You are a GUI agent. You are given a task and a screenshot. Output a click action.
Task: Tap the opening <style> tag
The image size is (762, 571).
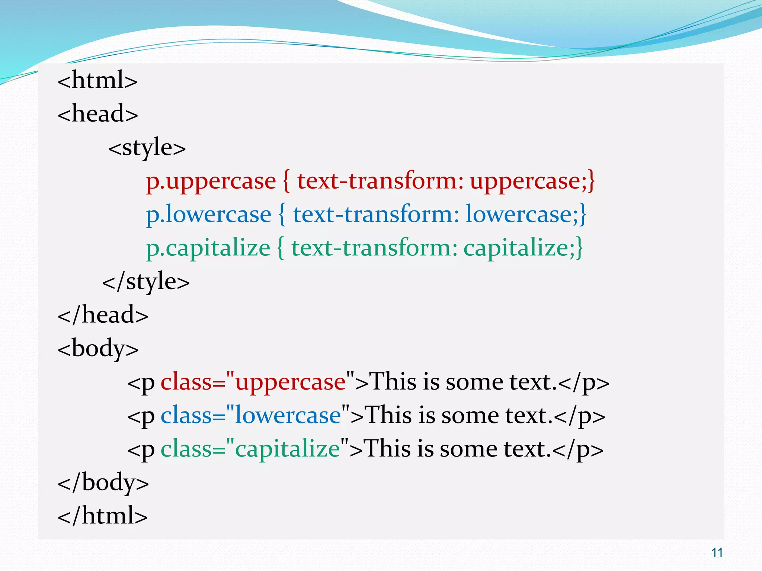147,147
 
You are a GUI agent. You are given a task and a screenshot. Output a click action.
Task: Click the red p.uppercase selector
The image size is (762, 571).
211,181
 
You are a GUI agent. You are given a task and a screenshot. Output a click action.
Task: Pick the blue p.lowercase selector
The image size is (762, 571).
208,214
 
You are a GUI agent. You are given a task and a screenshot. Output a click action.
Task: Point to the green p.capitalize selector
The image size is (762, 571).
208,248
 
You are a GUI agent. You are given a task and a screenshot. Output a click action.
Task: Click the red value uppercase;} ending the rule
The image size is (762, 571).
532,181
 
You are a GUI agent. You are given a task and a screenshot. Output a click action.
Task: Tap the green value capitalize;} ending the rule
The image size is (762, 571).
523,248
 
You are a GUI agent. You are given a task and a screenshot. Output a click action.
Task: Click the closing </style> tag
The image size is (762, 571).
146,281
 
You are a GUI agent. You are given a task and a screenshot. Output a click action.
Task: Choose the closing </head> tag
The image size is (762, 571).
103,315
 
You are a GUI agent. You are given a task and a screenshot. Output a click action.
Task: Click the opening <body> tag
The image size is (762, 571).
98,349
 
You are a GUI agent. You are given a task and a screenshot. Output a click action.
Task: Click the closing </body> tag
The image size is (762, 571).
103,483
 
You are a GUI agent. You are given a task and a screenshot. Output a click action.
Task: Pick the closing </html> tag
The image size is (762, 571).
103,516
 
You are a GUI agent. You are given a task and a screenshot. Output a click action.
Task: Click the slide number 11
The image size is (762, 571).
717,553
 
